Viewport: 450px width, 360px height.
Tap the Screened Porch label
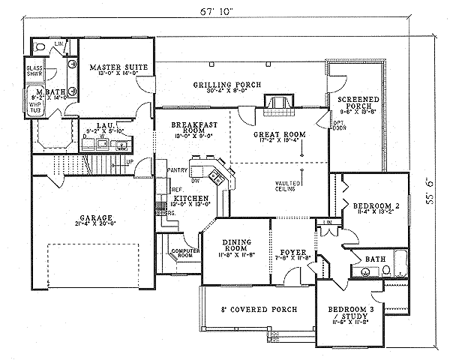[357, 103]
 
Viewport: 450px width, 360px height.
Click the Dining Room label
[235, 247]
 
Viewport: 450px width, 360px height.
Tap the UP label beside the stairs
[130, 162]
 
